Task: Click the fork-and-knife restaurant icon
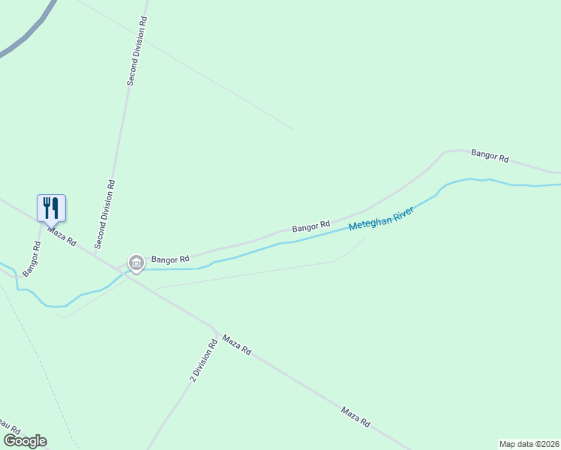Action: click(x=51, y=208)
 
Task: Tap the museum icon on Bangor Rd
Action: click(x=136, y=262)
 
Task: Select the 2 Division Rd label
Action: click(x=202, y=361)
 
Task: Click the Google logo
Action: click(x=25, y=441)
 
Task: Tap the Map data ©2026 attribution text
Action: click(x=529, y=443)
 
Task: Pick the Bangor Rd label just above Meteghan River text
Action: click(x=310, y=225)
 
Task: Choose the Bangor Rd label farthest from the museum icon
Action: click(x=490, y=156)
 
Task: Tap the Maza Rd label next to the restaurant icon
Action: click(x=62, y=236)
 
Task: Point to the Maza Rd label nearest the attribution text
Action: click(x=355, y=416)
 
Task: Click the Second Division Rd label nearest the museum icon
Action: click(x=104, y=214)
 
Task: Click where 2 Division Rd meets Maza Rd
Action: click(x=216, y=331)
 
